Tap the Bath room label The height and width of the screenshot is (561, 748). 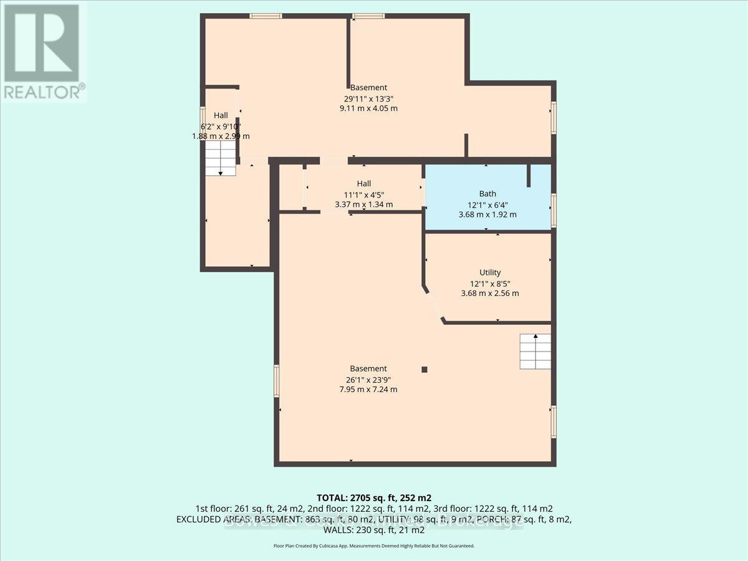488,194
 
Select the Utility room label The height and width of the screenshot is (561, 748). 490,272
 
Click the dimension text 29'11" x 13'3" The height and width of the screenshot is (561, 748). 368,98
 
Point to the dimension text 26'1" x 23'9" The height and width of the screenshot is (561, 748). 368,379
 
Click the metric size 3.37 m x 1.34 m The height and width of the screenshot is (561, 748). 364,204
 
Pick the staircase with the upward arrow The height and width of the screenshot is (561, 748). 535,352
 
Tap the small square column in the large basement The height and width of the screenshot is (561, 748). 424,369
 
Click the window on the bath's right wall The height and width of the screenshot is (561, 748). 554,209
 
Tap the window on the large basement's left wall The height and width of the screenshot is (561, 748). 276,380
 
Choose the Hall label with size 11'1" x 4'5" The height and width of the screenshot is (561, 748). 364,183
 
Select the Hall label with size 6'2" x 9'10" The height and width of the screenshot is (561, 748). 221,115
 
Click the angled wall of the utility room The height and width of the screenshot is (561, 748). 434,305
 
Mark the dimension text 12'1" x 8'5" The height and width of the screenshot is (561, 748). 490,283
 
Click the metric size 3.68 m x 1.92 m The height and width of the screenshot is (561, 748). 488,214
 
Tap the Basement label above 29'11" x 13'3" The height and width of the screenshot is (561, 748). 368,87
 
